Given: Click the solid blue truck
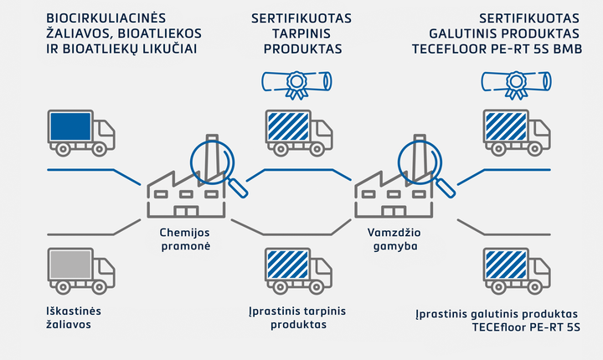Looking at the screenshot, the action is coord(81,132).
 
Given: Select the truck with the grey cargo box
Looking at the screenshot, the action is coord(81,270).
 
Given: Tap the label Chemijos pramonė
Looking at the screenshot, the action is coord(185,239).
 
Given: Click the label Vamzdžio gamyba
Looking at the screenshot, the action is coord(394,239).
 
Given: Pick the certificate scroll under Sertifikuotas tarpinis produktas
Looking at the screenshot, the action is coord(296,85).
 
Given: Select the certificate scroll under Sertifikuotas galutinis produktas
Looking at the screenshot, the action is coord(516,85).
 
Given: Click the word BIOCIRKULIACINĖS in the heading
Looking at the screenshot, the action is coord(106,18).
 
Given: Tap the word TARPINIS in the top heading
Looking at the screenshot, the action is coord(301,33).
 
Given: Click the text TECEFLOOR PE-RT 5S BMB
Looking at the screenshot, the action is coord(497,49).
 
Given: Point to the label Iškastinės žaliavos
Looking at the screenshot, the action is coord(74,317).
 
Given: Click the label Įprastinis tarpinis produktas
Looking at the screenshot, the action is coord(297,317).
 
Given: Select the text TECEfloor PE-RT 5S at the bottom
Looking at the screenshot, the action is coord(526,327).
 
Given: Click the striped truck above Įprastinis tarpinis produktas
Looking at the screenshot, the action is coord(299,270).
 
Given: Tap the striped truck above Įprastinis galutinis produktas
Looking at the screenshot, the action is coord(517,270).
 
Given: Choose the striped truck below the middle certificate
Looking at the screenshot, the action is coord(299,132).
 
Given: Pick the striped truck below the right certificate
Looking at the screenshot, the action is coord(517,132).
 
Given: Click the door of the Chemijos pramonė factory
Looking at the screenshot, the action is coord(186,211).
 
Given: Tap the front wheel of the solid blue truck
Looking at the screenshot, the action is coord(99,149).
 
